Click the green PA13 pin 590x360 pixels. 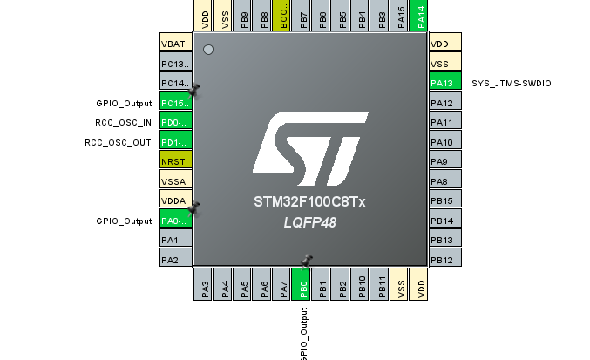point(445,83)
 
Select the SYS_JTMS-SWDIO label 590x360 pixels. point(511,84)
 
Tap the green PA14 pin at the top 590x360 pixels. point(419,17)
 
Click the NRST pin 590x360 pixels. point(175,162)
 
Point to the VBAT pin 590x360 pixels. point(175,44)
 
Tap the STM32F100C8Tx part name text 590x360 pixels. point(309,202)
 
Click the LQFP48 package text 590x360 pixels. point(309,222)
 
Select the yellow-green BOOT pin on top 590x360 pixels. point(284,17)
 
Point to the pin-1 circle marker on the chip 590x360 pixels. point(208,49)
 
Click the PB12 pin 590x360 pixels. point(445,260)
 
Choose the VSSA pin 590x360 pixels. point(175,181)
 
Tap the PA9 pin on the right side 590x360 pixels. point(445,161)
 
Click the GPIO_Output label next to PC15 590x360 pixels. point(124,103)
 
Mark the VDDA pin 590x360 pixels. point(175,201)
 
